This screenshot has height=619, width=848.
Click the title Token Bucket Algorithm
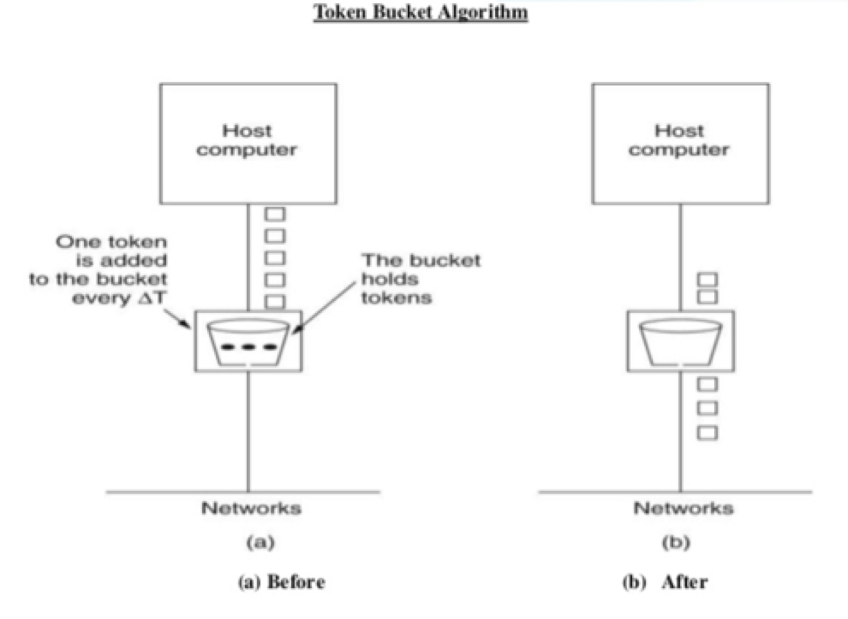click(x=420, y=13)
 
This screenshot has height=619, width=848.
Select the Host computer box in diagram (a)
click(x=248, y=144)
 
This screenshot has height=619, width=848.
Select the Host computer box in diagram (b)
click(x=680, y=144)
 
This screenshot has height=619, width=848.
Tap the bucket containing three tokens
click(x=248, y=342)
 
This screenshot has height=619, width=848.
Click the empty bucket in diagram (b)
click(x=680, y=342)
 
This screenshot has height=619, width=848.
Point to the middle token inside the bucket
click(x=248, y=347)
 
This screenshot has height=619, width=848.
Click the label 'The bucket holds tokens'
click(x=420, y=279)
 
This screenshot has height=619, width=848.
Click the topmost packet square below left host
click(x=275, y=214)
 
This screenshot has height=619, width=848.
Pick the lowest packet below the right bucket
click(x=707, y=433)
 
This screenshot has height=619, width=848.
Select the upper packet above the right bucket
click(x=707, y=280)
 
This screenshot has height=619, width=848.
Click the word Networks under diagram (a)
click(x=251, y=508)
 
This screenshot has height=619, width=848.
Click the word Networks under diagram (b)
click(x=683, y=508)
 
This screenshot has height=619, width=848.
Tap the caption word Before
click(x=296, y=582)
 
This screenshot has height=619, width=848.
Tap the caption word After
click(x=685, y=582)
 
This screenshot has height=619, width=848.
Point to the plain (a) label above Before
click(x=260, y=542)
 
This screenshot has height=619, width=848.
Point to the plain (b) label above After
click(x=676, y=542)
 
